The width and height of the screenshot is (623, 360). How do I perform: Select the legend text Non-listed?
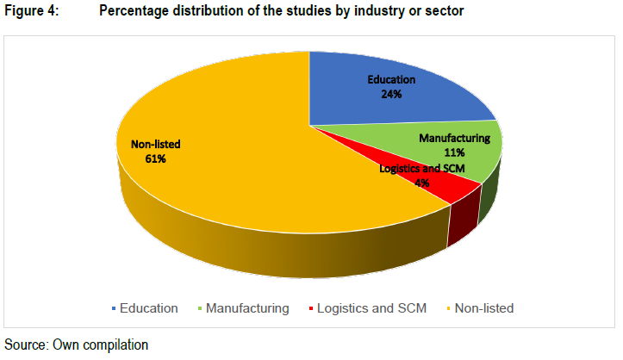[x=483, y=307]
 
